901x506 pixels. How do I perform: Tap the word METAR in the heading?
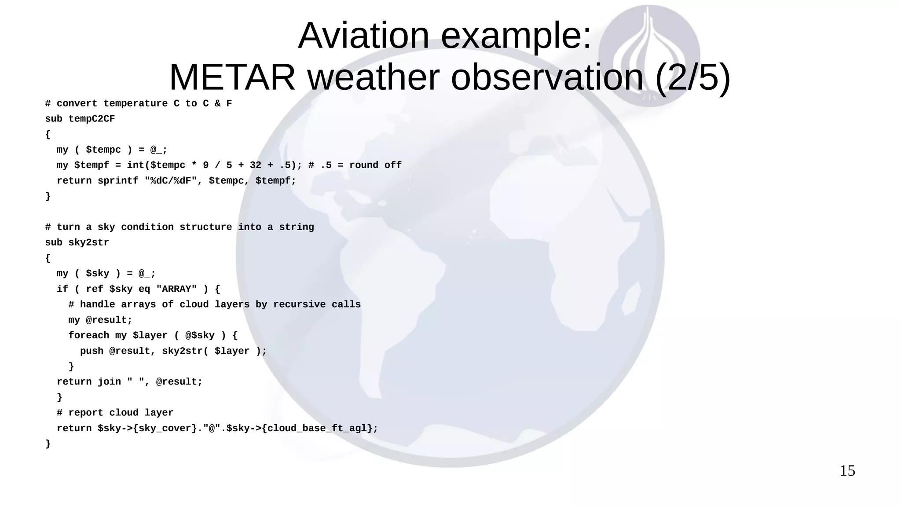click(232, 77)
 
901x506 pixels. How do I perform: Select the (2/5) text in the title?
click(692, 77)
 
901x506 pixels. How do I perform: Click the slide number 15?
click(847, 471)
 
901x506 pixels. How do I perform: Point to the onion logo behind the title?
click(649, 55)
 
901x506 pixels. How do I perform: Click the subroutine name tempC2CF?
click(92, 119)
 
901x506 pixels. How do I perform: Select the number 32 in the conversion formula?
click(255, 165)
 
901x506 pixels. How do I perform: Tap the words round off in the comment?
click(375, 165)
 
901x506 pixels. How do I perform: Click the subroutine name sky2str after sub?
click(88, 242)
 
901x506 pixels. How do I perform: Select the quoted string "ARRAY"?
click(176, 289)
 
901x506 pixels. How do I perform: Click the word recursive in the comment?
click(299, 304)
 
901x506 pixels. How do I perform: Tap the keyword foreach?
click(88, 335)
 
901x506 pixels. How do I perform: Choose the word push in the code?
click(92, 351)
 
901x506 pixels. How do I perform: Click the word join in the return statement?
click(109, 382)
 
